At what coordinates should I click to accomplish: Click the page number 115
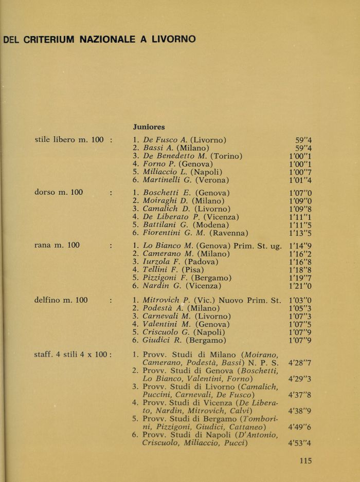click(x=305, y=461)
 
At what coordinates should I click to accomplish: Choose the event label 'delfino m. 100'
click(x=61, y=299)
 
